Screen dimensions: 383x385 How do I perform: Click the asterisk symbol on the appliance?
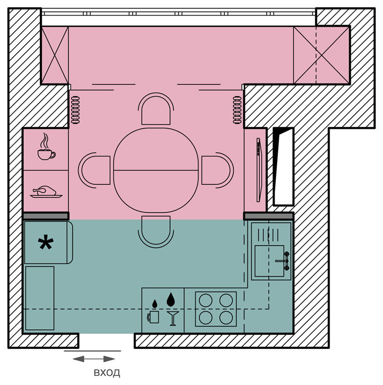coord(46,242)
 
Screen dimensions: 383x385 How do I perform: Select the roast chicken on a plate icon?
coord(46,192)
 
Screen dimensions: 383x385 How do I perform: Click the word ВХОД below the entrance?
coord(107,372)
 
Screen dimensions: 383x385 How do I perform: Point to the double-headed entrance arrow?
coord(94,359)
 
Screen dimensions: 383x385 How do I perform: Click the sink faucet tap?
coord(283,261)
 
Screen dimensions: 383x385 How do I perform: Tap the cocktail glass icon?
coord(173,318)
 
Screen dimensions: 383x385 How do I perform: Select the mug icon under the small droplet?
coord(153,317)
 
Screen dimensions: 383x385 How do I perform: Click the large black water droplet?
coord(171,299)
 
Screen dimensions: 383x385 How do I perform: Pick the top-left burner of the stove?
coord(206,300)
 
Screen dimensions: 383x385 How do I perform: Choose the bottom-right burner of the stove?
coord(226,318)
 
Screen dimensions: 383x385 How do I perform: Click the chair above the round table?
coord(156,109)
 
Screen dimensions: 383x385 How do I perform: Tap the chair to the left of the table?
coord(94,170)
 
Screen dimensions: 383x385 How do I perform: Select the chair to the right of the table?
coord(218,170)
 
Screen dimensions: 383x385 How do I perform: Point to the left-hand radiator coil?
coord(76,110)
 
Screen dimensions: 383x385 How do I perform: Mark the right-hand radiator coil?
coord(237,110)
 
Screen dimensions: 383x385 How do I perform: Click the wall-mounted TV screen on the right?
coord(259,170)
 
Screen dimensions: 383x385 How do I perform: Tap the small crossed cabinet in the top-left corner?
coord(55,55)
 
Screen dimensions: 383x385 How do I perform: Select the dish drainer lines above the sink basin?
coord(268,235)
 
